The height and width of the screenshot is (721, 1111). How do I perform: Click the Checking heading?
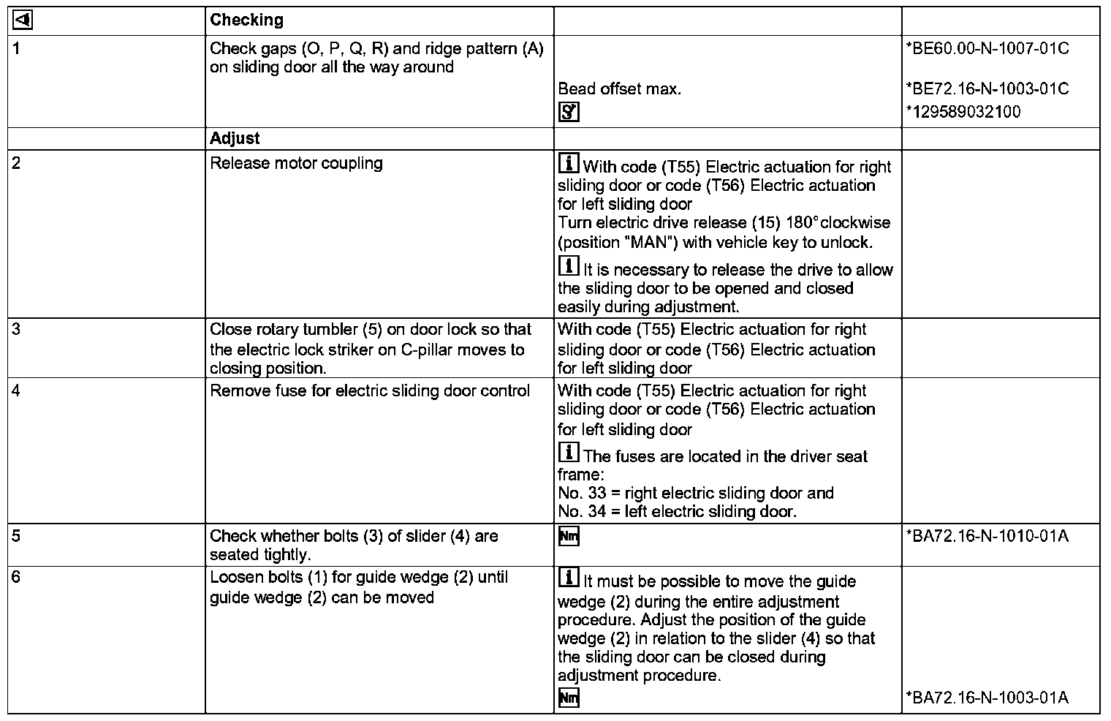[x=246, y=20]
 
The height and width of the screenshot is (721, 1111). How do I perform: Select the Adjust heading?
[x=235, y=138]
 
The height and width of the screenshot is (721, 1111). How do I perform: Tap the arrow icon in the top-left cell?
[x=23, y=20]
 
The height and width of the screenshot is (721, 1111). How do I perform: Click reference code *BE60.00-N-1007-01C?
[x=987, y=49]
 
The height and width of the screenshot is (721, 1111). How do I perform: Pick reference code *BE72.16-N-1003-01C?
[x=987, y=89]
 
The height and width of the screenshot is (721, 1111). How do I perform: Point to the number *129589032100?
[x=963, y=112]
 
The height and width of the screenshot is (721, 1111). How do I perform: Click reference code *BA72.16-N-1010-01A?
[x=987, y=536]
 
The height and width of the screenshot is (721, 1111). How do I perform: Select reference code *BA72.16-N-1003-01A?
[x=987, y=698]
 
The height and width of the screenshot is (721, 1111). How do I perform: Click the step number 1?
[x=16, y=49]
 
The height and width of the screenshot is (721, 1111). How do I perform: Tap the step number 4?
[x=16, y=390]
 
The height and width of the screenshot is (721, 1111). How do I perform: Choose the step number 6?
[x=16, y=578]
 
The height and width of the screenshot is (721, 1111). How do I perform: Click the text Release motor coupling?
[x=296, y=163]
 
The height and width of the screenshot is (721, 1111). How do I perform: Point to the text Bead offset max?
[x=619, y=89]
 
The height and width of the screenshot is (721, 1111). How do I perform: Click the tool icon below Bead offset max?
[x=568, y=112]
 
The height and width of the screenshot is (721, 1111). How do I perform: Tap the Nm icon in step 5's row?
[x=568, y=537]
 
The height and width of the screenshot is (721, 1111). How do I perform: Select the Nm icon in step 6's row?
[x=568, y=698]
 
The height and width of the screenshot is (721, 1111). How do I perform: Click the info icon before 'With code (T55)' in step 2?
[x=569, y=163]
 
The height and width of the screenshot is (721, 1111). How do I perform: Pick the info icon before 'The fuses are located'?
[x=569, y=453]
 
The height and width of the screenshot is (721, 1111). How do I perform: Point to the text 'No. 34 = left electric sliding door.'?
[x=677, y=512]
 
